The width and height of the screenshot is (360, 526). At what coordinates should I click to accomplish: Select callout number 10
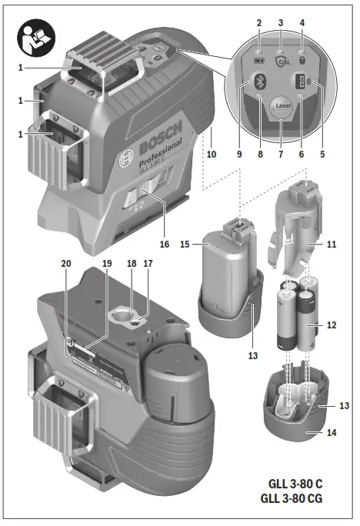211,154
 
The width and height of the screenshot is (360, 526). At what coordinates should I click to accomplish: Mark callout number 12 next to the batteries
332,325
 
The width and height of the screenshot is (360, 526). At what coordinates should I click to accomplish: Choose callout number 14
332,434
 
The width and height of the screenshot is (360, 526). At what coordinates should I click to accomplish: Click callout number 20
66,264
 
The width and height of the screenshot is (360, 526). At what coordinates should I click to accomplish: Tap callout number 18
132,264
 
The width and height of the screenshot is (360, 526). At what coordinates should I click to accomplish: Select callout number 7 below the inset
279,154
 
